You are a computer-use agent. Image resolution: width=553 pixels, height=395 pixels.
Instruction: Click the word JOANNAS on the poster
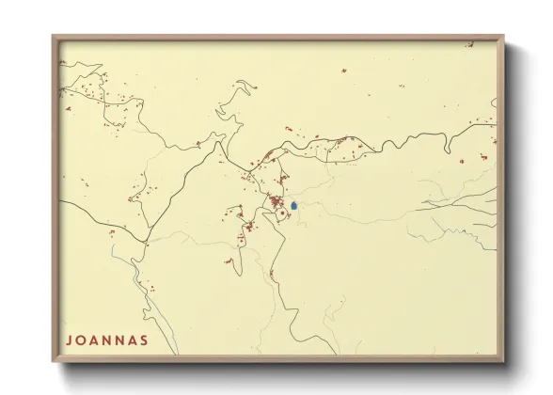coord(106,340)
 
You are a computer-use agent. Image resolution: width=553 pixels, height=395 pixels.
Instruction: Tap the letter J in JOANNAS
coord(69,340)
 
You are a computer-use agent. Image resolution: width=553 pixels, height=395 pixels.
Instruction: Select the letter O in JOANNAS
coord(81,340)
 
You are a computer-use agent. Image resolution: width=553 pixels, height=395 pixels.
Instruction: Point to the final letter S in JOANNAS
coord(143,340)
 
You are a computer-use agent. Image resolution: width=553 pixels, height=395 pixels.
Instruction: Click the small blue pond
coord(294,205)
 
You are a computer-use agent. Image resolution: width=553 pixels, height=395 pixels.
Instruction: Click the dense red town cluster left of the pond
coord(276,200)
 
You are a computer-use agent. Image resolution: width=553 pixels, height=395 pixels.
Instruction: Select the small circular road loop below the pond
coord(281,215)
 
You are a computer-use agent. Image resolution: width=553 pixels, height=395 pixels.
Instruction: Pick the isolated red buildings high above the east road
coord(343,71)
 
